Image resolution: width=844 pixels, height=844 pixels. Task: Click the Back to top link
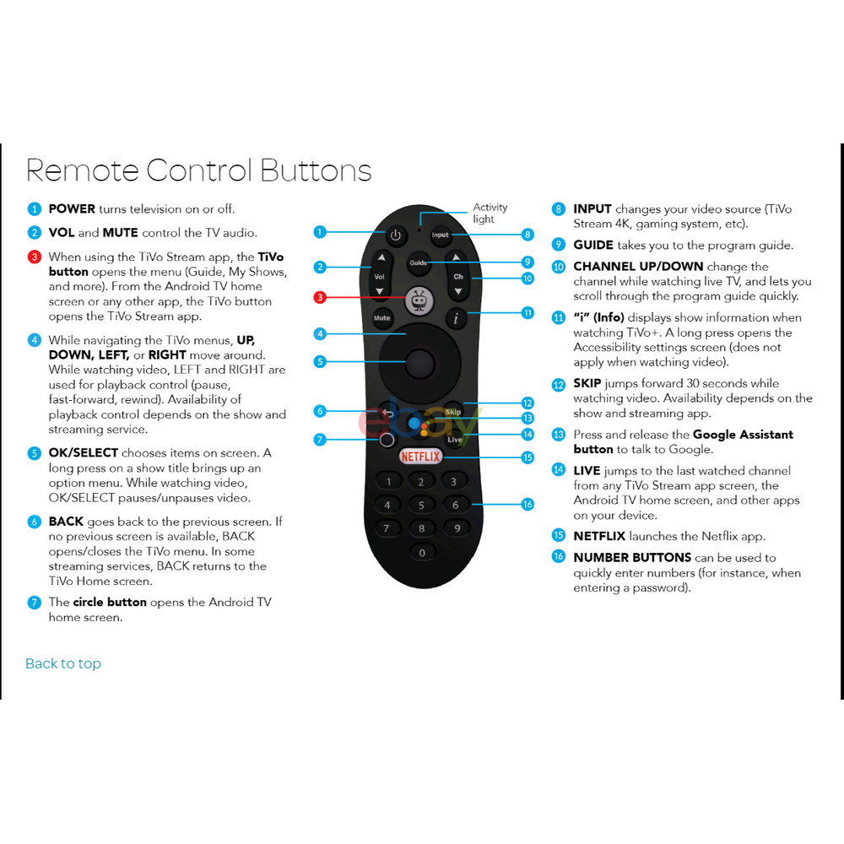(x=63, y=663)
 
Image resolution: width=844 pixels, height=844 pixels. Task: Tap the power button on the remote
(x=395, y=237)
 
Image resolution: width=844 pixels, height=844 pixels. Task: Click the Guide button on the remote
(x=419, y=262)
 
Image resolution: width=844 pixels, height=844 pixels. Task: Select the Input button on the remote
(x=441, y=235)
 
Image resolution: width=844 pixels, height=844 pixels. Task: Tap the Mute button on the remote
(x=381, y=318)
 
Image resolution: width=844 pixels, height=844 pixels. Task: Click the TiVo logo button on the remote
(x=419, y=299)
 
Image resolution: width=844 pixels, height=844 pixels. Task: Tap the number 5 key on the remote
(x=421, y=506)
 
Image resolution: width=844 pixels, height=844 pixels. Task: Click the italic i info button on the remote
(x=456, y=318)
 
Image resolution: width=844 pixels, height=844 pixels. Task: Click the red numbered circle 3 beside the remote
(x=320, y=297)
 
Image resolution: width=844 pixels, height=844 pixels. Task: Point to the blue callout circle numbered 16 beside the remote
(x=527, y=505)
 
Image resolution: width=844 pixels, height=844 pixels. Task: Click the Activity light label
(x=490, y=213)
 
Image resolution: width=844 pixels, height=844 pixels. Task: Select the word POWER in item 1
(x=72, y=208)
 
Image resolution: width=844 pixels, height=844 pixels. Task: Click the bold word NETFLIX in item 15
(x=599, y=536)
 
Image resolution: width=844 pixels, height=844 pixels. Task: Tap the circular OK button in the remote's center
(x=419, y=364)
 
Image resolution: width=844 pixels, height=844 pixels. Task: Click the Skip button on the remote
(x=453, y=412)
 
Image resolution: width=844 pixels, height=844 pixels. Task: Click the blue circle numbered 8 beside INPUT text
(x=558, y=209)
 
